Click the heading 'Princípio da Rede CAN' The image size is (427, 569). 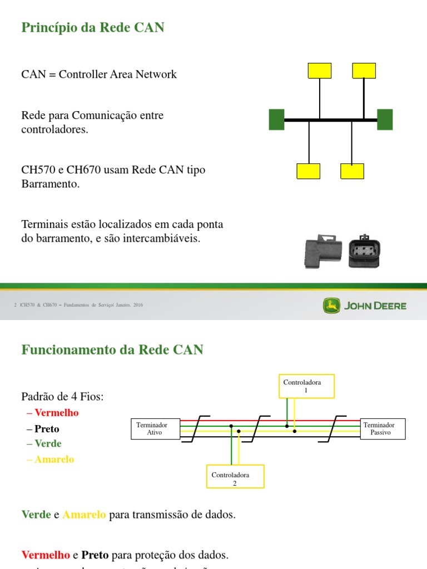click(92, 27)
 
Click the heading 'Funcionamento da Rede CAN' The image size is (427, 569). click(112, 350)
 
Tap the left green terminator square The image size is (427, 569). click(276, 119)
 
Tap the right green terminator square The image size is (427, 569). click(385, 119)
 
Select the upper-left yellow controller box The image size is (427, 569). click(319, 71)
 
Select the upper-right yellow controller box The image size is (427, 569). click(364, 71)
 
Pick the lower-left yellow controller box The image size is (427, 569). click(308, 171)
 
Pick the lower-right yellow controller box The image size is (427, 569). click(352, 171)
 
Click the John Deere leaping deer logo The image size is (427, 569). click(331, 306)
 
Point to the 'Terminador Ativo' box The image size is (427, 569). click(155, 428)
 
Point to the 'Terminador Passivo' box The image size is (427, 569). click(383, 428)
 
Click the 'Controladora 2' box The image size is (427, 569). click(235, 479)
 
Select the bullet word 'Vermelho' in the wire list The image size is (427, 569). click(56, 413)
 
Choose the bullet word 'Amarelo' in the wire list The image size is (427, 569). click(54, 460)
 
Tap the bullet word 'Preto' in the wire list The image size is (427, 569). click(47, 429)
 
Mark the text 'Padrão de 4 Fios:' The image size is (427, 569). click(62, 396)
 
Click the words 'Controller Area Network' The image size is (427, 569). click(118, 74)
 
